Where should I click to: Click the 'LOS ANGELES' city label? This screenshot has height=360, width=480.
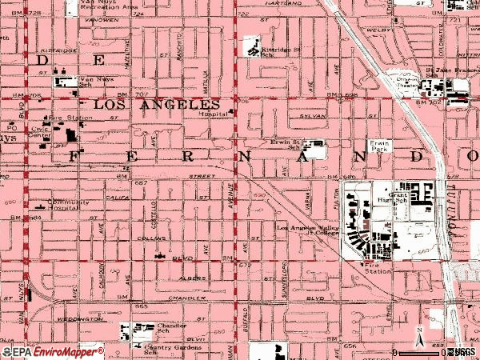pos(156,105)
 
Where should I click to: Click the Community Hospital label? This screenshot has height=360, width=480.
pos(67,206)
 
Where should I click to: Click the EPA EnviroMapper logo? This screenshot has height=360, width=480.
pos(52,351)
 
